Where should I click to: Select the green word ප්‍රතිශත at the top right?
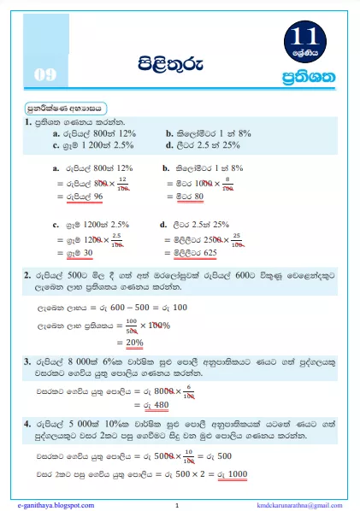click(x=314, y=78)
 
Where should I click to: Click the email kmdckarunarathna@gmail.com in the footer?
click(x=292, y=505)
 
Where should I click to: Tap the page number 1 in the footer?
click(x=176, y=505)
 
